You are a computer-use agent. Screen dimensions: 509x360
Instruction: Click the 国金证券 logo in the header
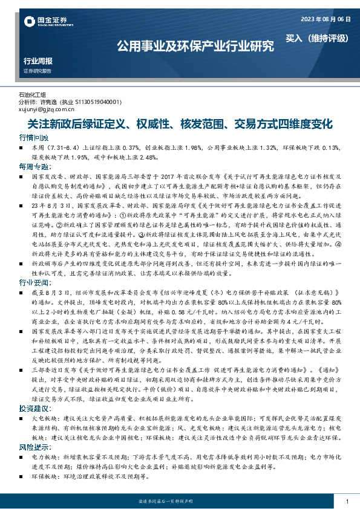[x=45, y=22]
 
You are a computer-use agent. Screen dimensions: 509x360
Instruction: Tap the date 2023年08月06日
[x=325, y=19]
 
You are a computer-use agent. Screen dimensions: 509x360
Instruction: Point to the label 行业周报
[x=38, y=61]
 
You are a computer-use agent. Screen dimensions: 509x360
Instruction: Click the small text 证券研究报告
[x=38, y=71]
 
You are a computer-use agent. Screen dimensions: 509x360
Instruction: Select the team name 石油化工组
[x=33, y=96]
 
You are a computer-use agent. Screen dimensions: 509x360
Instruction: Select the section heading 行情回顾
[x=32, y=138]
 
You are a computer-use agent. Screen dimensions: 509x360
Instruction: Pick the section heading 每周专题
[x=32, y=166]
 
